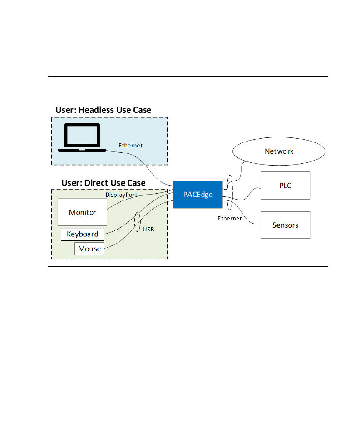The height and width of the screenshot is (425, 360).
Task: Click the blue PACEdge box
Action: [x=198, y=194]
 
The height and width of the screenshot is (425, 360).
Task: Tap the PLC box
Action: [x=285, y=186]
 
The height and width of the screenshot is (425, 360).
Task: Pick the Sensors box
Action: [x=285, y=225]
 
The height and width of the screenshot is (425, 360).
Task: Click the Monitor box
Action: [x=82, y=212]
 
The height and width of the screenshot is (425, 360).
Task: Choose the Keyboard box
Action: [x=83, y=234]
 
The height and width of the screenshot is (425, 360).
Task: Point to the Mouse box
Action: [x=89, y=249]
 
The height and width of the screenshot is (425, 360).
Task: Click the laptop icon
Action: [x=82, y=138]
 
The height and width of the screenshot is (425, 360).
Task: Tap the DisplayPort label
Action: [x=121, y=195]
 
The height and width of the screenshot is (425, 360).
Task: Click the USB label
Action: [x=148, y=230]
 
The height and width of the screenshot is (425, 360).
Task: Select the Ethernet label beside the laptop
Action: [x=130, y=145]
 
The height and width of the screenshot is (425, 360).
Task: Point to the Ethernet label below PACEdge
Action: [x=230, y=219]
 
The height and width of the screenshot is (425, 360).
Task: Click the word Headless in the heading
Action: [x=96, y=110]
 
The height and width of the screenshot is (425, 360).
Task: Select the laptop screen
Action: [x=82, y=135]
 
